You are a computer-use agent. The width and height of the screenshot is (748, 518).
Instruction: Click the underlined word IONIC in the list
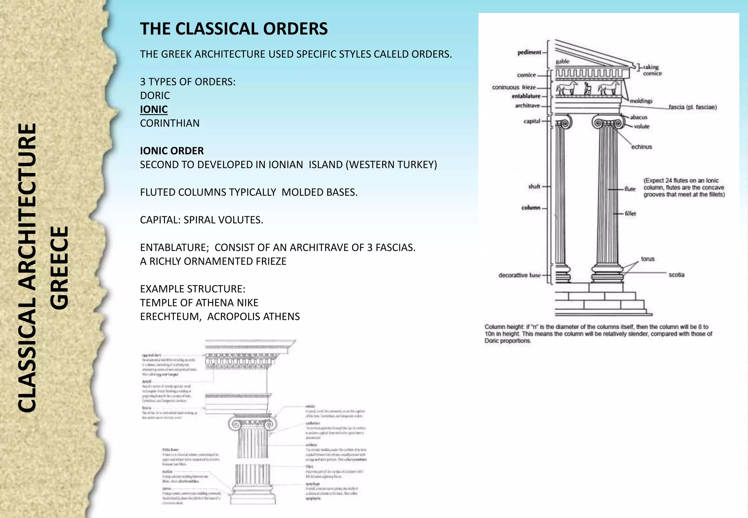pos(154,109)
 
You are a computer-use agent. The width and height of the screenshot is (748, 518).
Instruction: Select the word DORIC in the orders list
pos(155,95)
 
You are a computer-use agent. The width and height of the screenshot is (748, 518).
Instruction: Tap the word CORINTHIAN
pos(169,123)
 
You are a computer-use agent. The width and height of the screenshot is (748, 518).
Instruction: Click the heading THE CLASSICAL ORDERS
pos(234,29)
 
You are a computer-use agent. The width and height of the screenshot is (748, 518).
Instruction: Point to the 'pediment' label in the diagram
pos(529,52)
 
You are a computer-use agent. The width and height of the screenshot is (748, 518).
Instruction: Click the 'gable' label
pos(562,61)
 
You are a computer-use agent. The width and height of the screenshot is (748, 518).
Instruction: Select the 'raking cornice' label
pos(652,70)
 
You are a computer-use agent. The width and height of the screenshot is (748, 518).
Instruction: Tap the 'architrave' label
pos(527,106)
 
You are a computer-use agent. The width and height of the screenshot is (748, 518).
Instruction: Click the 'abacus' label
pos(638,117)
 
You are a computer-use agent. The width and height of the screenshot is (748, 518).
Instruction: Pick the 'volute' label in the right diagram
pos(641,126)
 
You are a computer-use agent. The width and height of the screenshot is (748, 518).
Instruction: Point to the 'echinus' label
pos(641,147)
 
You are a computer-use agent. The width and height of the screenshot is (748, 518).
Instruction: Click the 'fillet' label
pos(630,213)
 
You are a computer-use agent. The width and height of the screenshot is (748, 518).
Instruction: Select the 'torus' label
pos(648,259)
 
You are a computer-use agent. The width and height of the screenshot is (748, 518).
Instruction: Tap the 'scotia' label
pos(676,275)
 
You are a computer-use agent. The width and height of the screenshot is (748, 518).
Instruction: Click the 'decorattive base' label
pos(519,275)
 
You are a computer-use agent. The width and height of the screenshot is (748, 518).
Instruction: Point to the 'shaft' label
pos(534,186)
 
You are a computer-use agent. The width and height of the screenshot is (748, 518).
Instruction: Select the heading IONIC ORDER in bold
pos(172,151)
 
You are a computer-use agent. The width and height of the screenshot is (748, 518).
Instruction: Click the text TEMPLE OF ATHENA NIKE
pos(199,303)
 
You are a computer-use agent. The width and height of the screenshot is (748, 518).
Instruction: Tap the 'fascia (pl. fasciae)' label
pos(692,107)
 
